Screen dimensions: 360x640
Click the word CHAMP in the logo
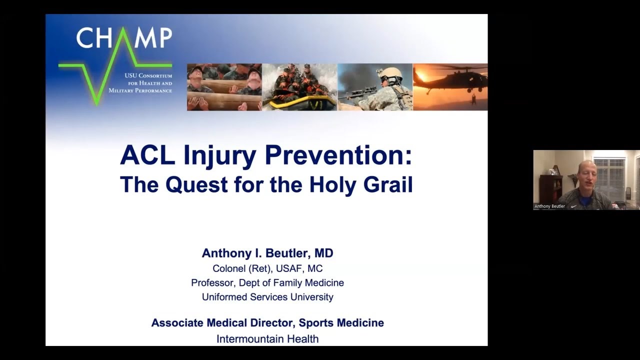124,38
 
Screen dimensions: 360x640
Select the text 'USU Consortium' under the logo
148,75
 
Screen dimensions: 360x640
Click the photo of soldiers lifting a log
224,87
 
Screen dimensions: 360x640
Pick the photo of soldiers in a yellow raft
299,87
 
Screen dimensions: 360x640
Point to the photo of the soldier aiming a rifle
375,87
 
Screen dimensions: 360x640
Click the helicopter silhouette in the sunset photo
452,77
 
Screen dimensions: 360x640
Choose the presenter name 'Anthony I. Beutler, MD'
267,253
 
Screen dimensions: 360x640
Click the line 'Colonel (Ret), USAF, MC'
267,268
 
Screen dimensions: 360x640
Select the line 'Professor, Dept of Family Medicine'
267,282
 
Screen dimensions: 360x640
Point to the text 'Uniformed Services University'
267,297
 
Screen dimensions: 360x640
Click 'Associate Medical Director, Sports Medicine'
267,323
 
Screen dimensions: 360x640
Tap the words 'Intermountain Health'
267,339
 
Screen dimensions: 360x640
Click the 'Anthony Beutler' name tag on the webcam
549,206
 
